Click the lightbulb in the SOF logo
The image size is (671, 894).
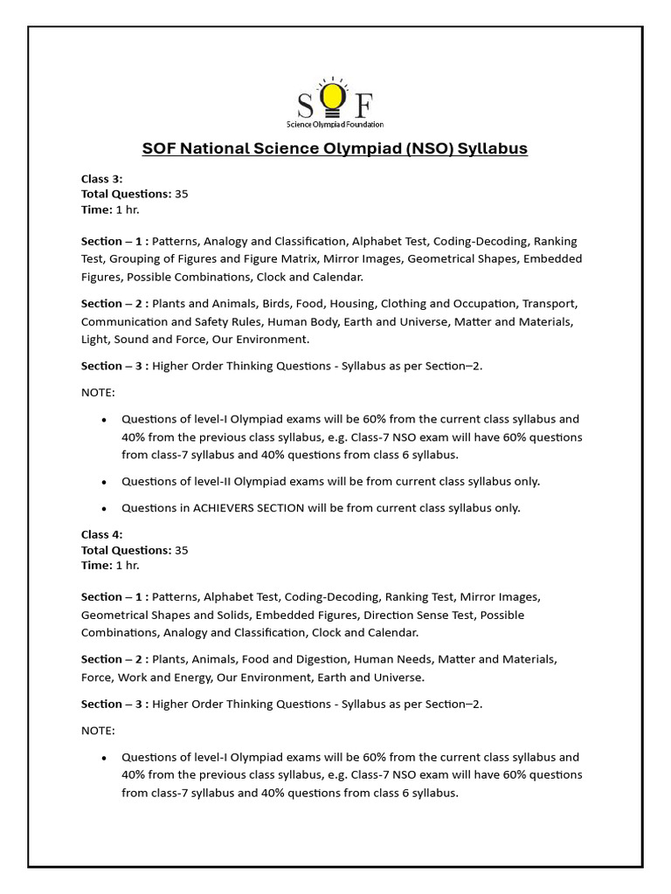pyautogui.click(x=332, y=99)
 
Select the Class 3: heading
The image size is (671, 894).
pyautogui.click(x=102, y=178)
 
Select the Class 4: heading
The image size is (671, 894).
pyautogui.click(x=102, y=534)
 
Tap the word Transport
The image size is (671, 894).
pyautogui.click(x=549, y=304)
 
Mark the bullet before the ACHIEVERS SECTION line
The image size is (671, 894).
pyautogui.click(x=104, y=508)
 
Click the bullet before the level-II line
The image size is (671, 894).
pyautogui.click(x=104, y=482)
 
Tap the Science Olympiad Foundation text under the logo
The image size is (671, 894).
pyautogui.click(x=335, y=125)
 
